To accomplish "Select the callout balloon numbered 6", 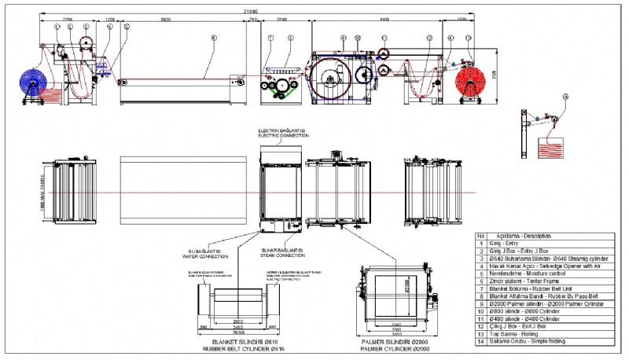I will pos(214,38).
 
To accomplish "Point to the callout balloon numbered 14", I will pos(565,97).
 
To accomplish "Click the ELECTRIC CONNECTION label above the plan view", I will pos(283,134).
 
